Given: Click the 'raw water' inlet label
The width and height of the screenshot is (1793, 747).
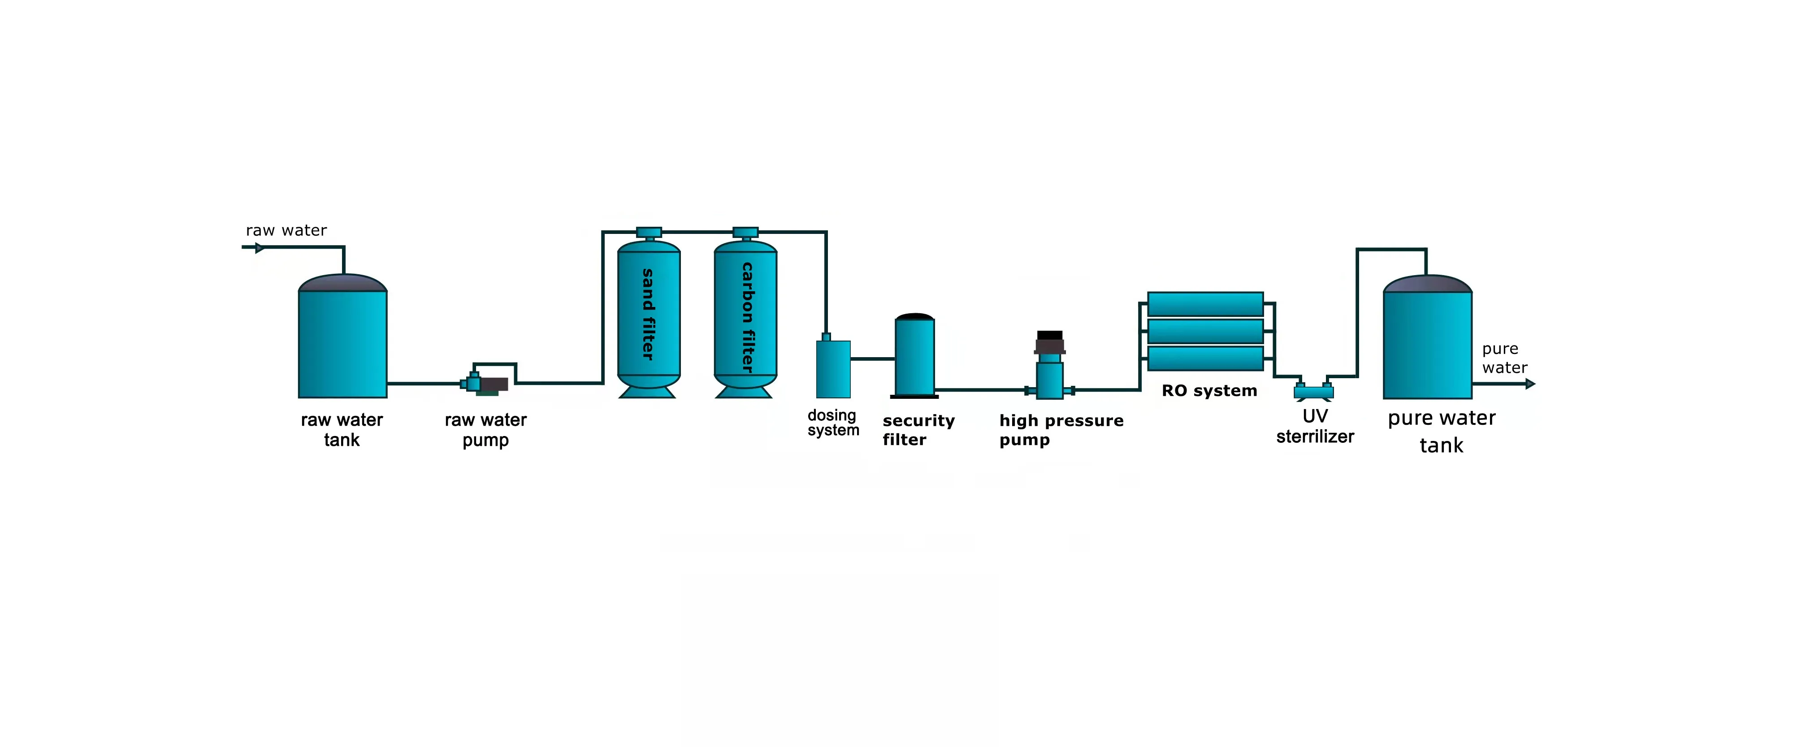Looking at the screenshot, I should coord(286,230).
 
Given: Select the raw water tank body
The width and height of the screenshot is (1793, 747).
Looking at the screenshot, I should coord(342,344).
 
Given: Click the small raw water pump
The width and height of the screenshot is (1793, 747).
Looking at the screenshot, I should coord(485,384).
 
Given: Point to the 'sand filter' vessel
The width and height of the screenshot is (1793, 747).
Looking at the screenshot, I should coord(649,316).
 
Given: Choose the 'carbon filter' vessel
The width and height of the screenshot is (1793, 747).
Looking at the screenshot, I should coord(745,316).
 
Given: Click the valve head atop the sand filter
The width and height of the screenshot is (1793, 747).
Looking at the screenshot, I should coord(649,232).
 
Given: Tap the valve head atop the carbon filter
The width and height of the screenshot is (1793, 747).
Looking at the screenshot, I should coord(745,232).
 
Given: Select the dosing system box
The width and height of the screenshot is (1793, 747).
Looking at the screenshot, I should coord(833,369).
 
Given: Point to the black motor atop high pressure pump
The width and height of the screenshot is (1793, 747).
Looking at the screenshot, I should coord(1050,342).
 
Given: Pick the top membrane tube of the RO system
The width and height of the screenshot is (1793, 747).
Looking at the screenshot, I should coord(1205,304).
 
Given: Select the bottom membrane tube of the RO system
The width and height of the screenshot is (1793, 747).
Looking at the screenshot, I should coord(1205,358).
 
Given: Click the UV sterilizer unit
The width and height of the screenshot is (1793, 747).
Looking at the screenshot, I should coord(1313,392).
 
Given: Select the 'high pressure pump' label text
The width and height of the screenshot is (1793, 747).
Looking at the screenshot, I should coord(1061,430).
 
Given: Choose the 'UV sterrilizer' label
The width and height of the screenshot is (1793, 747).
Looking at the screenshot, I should coord(1315,426).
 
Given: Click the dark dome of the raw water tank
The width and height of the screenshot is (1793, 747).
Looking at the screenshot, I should coord(342,282).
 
